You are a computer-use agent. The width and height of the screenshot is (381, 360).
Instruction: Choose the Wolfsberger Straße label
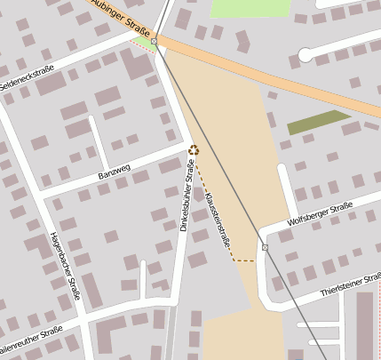pos(321,215)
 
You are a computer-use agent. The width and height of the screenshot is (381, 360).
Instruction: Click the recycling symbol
pos(193,151)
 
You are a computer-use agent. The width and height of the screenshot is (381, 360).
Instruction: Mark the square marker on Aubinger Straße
pos(155,41)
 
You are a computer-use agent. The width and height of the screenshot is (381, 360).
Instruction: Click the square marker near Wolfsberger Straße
pos(265,247)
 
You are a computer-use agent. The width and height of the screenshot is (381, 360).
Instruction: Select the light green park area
pos(250,7)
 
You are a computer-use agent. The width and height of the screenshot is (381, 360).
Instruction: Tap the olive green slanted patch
pos(319,123)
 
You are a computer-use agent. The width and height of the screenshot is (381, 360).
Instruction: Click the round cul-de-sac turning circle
pos(306,55)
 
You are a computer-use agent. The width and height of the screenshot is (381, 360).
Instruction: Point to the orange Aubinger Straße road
pos(266,76)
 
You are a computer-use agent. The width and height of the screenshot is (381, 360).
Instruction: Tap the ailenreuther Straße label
pos(30,339)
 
